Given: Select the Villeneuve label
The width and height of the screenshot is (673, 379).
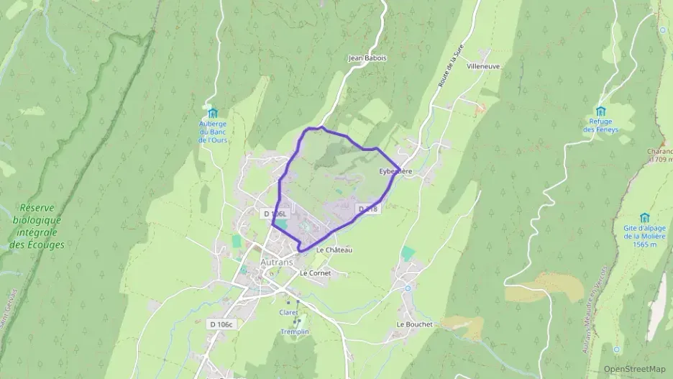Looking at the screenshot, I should pos(483,65).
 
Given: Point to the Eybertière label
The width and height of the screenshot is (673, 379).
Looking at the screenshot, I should pos(395,172).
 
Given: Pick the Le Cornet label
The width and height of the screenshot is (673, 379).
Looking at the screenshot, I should pos(315,273).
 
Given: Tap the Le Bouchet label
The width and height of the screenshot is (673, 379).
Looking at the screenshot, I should pos(415,324).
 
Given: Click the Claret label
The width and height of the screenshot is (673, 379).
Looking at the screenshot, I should pos(288,312).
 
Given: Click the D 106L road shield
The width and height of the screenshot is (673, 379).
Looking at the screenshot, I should pos(275,214).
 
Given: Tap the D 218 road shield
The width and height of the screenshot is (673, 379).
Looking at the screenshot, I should pos(367,209).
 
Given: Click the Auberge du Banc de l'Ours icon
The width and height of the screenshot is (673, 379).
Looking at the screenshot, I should pos(211,113).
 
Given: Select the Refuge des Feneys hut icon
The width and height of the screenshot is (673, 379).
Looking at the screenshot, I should pos(600,111).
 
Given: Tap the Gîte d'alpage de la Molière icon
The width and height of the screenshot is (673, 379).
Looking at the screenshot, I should pos(644,218).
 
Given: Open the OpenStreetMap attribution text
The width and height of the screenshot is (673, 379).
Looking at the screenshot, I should pos(634,368).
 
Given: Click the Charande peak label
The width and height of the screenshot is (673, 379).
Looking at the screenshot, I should pos(660,152).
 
